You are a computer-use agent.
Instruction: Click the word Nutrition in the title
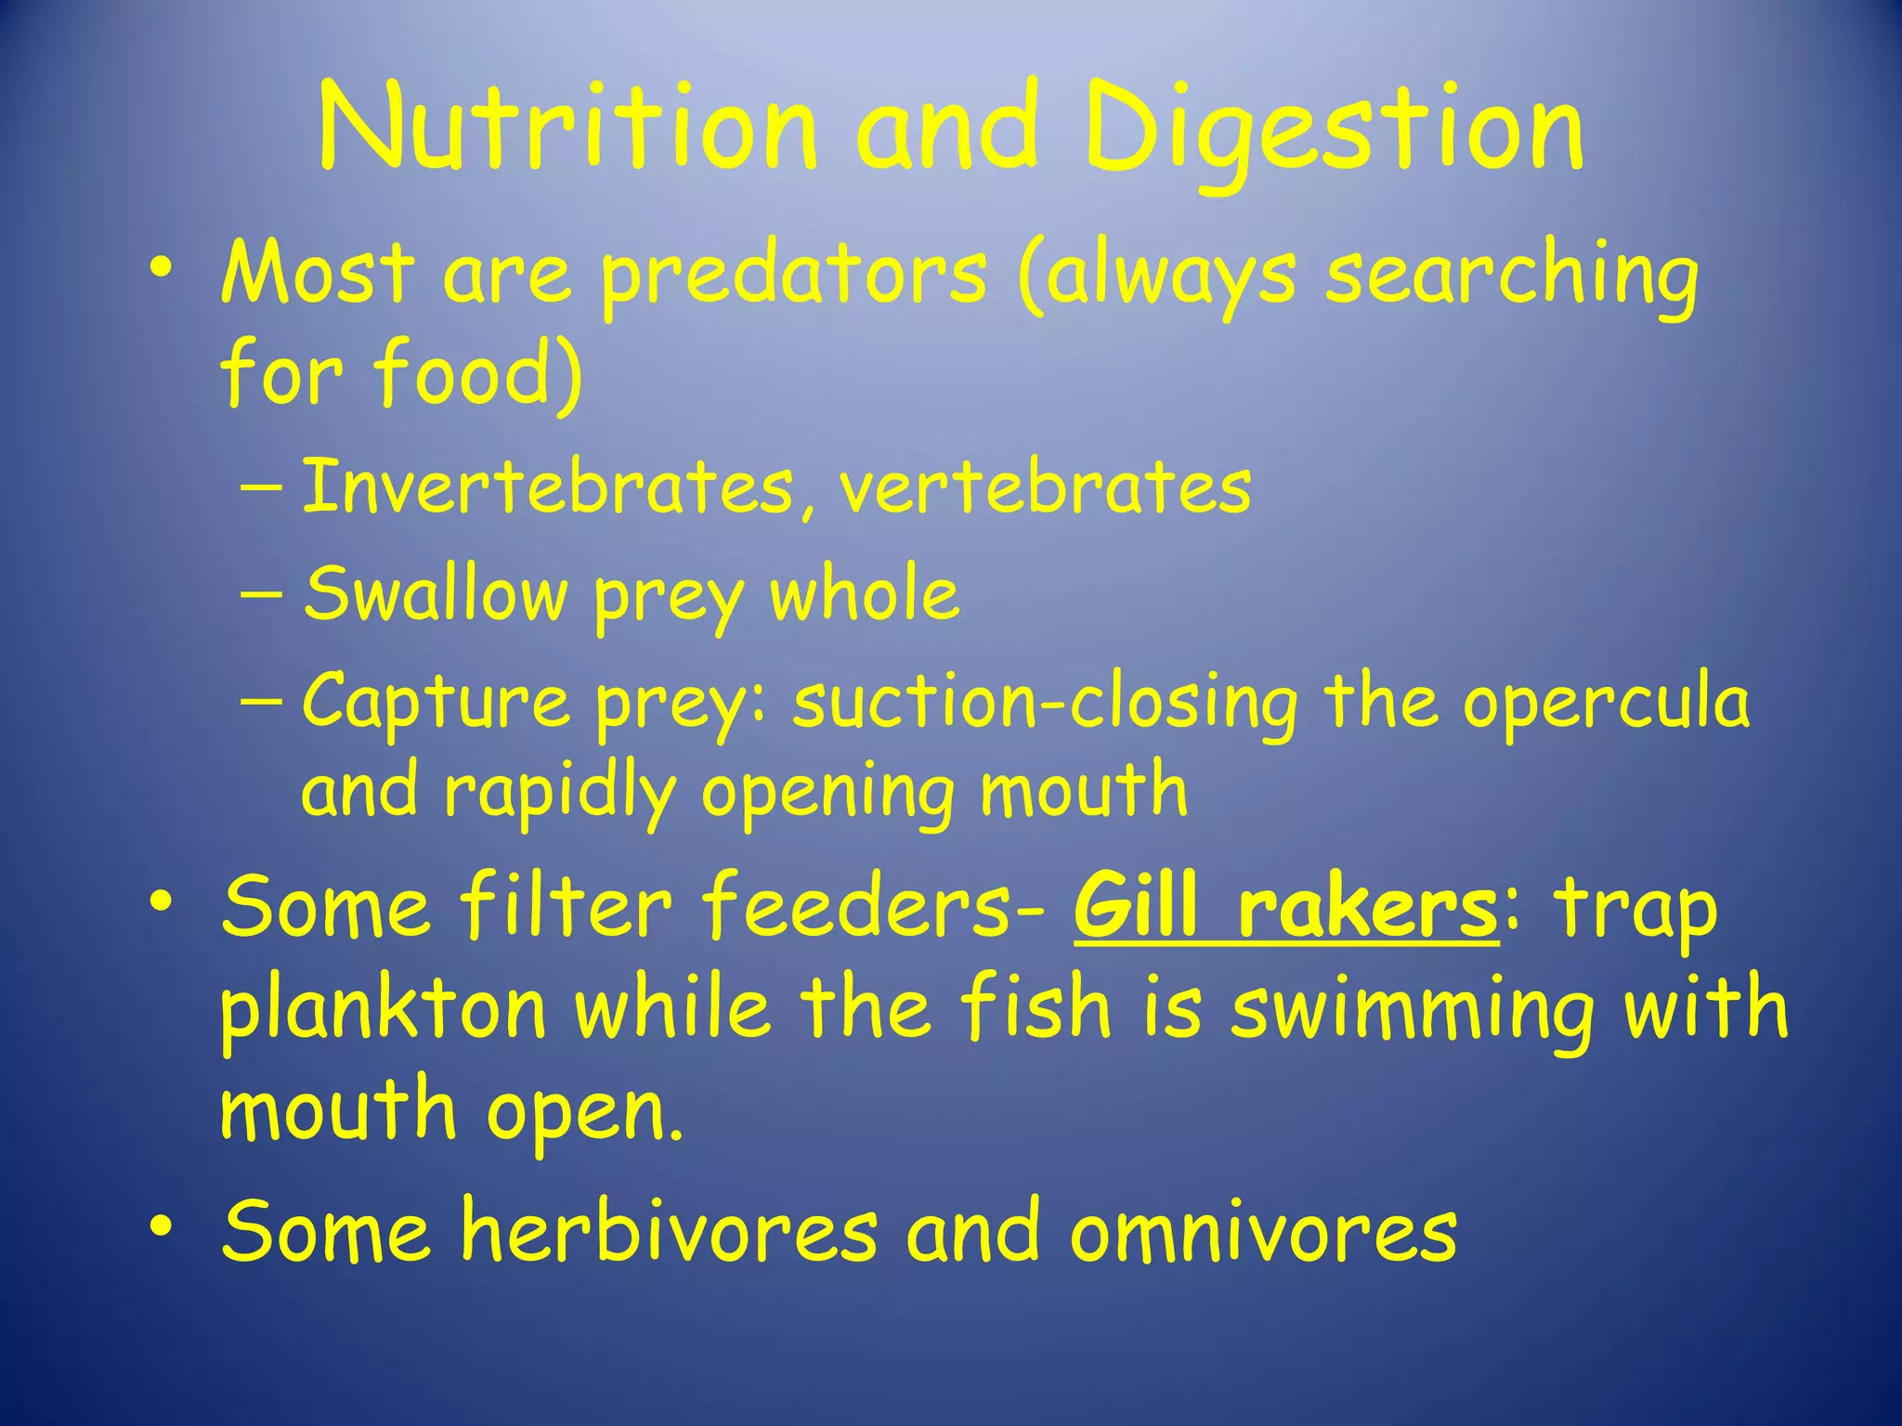tap(567, 128)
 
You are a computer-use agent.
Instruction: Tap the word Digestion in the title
tap(1333, 130)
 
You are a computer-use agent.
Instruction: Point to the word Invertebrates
tap(549, 486)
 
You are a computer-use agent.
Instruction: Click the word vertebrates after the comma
tap(1045, 488)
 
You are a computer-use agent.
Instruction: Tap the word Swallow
tap(436, 594)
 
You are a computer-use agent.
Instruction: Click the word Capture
tap(436, 702)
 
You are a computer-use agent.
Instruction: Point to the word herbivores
tap(669, 1231)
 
